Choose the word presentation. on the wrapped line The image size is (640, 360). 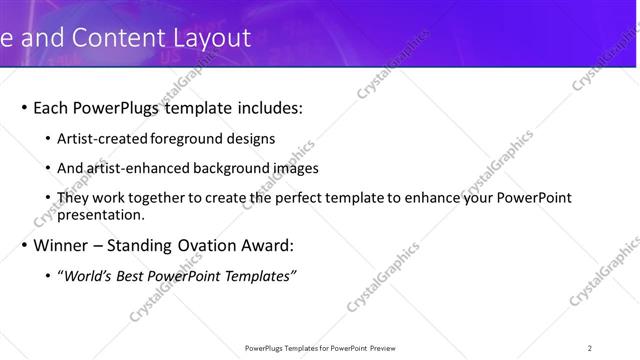click(x=101, y=214)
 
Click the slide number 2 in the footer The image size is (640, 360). click(x=590, y=348)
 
